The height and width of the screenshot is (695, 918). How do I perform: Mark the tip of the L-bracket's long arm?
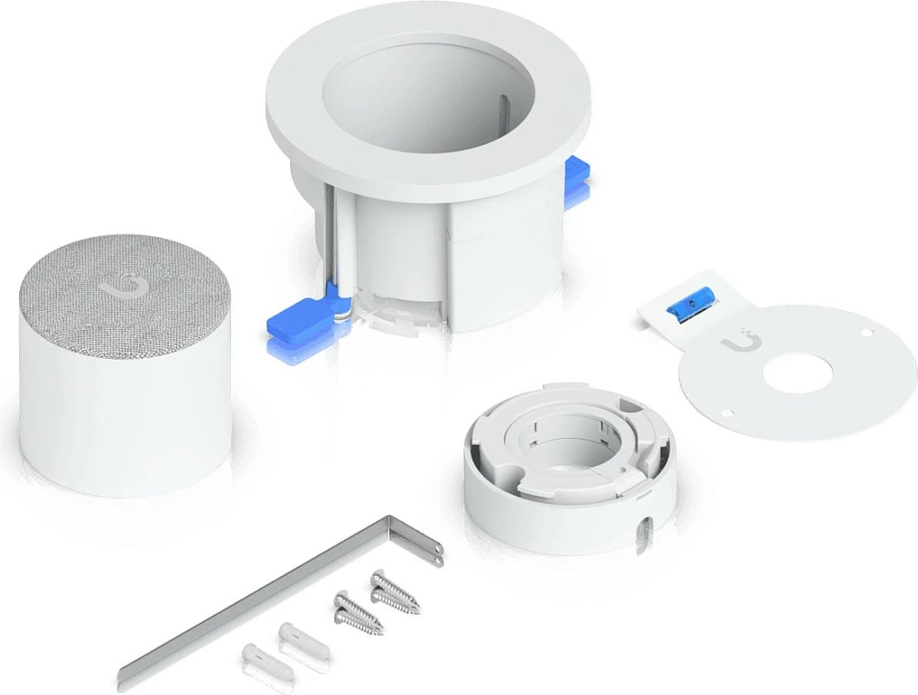126,675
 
